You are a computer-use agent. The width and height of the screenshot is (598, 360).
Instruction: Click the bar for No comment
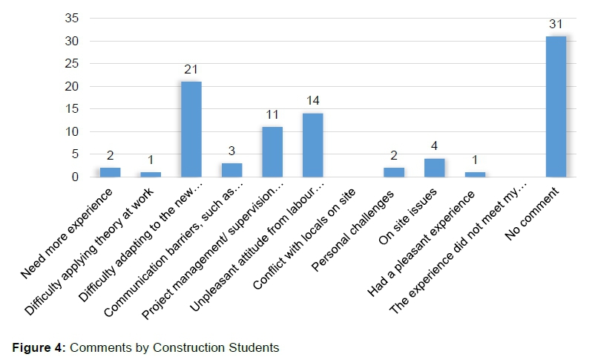tap(556, 107)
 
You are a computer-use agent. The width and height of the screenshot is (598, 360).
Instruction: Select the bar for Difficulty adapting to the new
tap(191, 129)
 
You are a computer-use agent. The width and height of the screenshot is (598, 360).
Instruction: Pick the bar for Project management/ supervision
tap(272, 152)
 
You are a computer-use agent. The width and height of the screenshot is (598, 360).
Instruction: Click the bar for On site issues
tap(434, 168)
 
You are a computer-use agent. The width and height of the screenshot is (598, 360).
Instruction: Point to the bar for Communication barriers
tap(231, 170)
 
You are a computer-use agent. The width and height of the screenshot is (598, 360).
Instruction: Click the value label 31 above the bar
tap(556, 24)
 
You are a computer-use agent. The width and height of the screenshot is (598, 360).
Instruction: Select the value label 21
tap(191, 70)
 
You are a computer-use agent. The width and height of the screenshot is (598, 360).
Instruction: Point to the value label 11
tap(272, 115)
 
